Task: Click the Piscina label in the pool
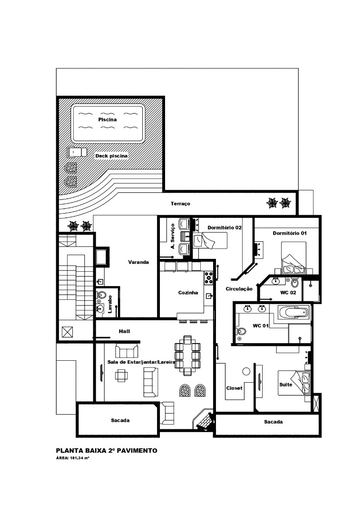tap(108, 119)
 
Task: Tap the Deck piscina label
tap(111, 156)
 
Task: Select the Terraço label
tap(180, 204)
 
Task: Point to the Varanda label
tap(138, 262)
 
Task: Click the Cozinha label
tap(188, 293)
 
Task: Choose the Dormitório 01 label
tap(290, 233)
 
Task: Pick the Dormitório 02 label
tap(225, 227)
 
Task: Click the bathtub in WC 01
tap(294, 312)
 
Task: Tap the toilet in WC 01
tap(242, 331)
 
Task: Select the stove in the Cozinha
tap(209, 277)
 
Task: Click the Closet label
tap(234, 388)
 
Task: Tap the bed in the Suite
tap(294, 383)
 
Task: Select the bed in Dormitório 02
tap(210, 240)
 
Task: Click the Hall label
tap(124, 331)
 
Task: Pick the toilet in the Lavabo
tap(101, 296)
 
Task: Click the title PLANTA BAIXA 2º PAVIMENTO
tap(107, 451)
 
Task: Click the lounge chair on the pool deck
tap(77, 152)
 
